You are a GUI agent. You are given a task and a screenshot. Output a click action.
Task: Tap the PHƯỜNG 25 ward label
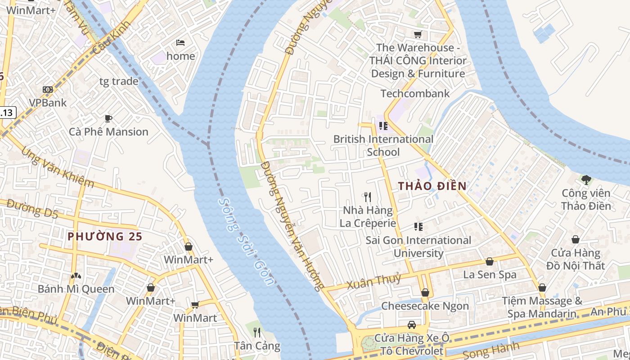coord(105,236)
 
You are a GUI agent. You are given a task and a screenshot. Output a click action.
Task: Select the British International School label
coord(383,145)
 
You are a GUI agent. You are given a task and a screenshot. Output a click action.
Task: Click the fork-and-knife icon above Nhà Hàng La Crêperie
coord(368,197)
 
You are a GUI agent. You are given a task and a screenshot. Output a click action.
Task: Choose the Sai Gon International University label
coord(418,247)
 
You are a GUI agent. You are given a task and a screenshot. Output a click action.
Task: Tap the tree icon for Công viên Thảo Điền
coord(586,180)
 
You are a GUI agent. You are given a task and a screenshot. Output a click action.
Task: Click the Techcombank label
coord(415,94)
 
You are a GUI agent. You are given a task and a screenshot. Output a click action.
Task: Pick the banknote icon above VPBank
coord(48,90)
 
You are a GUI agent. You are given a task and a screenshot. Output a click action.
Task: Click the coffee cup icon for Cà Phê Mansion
coord(108,118)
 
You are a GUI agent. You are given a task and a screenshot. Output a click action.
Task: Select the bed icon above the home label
coord(180,43)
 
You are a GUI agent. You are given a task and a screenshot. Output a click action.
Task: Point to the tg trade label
coord(119,81)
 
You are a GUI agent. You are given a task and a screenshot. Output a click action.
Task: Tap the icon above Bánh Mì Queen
coord(76,275)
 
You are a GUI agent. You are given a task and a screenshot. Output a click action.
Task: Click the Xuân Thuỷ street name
coord(373,282)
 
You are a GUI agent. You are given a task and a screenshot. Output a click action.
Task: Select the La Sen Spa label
coord(490,274)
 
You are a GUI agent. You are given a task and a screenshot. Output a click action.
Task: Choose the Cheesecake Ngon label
coord(425,306)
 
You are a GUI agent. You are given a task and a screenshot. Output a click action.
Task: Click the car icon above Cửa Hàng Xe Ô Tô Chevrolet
coord(411,324)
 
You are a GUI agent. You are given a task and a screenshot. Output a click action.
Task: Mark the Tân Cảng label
coord(257,346)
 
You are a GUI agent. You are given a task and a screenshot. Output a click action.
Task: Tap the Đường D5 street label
coord(32,209)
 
